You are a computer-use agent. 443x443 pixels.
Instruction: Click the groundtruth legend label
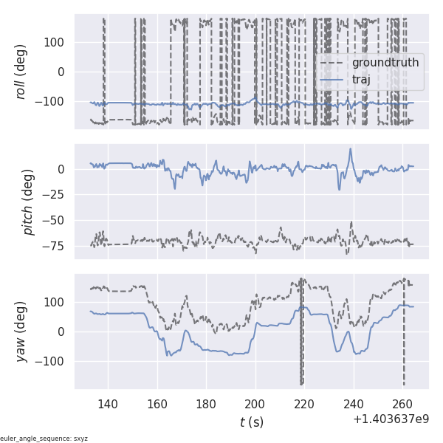pyautogui.click(x=385, y=63)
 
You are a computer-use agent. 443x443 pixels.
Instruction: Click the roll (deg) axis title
pyautogui.click(x=21, y=72)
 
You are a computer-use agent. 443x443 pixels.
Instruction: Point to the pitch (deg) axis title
pyautogui.click(x=28, y=201)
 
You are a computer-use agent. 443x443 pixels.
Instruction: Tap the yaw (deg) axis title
pyautogui.click(x=21, y=332)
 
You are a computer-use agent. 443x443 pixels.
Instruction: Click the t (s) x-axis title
pyautogui.click(x=251, y=422)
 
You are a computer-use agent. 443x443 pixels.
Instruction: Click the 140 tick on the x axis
pyautogui.click(x=108, y=404)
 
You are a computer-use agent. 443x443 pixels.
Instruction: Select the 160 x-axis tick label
pyautogui.click(x=157, y=404)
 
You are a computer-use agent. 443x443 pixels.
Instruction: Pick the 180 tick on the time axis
pyautogui.click(x=206, y=404)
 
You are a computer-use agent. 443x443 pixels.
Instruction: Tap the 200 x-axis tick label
pyautogui.click(x=255, y=404)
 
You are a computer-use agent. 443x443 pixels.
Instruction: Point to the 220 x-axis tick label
pyautogui.click(x=304, y=404)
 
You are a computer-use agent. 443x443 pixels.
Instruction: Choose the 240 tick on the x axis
pyautogui.click(x=354, y=404)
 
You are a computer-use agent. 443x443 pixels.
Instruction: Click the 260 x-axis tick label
pyautogui.click(x=402, y=404)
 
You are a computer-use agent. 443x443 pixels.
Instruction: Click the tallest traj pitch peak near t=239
pyautogui.click(x=351, y=149)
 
